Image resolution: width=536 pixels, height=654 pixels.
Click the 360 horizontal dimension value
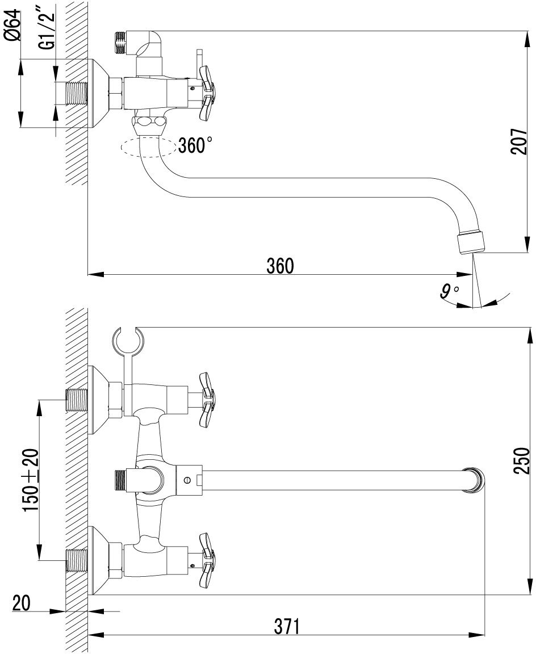tap(280, 266)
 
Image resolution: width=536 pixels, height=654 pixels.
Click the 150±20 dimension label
tap(31, 480)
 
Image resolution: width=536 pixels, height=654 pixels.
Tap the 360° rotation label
tap(195, 146)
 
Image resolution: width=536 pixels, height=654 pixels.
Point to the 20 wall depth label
tap(21, 603)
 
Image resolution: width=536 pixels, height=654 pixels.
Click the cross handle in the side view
tap(206, 93)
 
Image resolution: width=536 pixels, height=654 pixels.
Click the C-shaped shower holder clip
tap(129, 341)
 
